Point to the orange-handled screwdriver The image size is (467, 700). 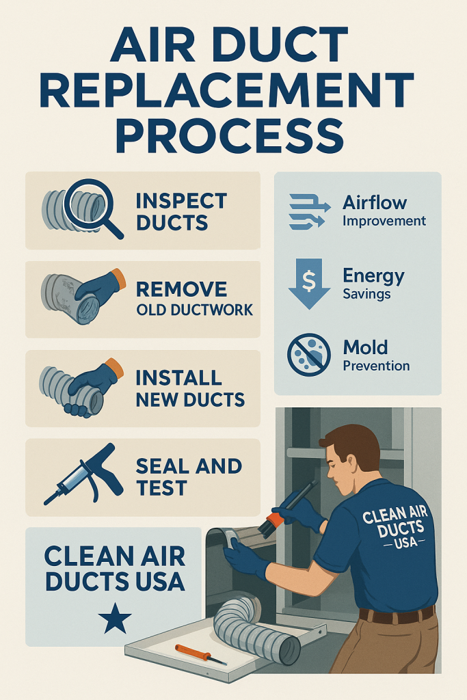coord(199,654)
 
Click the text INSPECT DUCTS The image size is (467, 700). coord(181,211)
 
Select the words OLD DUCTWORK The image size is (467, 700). coord(194,310)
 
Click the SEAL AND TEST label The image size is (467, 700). coord(188,476)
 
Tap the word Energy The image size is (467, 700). coord(373,276)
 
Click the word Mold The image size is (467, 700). coord(365,347)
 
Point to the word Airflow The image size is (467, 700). coord(375,203)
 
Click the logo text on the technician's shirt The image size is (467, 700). coord(394,526)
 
